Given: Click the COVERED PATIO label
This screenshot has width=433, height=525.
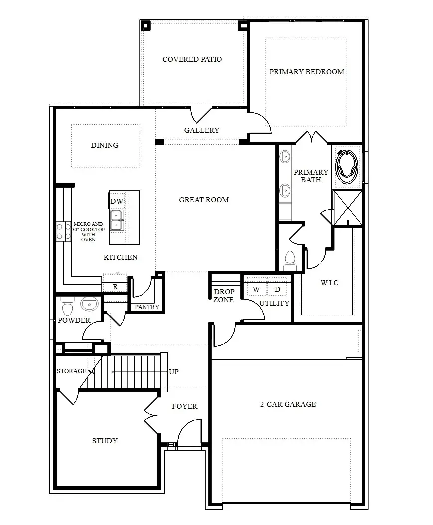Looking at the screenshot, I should tap(192, 59).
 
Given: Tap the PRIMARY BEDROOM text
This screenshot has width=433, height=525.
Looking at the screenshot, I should tap(306, 72).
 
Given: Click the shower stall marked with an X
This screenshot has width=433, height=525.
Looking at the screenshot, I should tap(347, 208).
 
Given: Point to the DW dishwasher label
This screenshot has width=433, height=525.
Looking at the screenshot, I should tap(117, 201).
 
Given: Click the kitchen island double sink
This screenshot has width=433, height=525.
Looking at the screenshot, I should tap(116, 220).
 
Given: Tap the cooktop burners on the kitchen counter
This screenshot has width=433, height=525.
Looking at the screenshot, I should tap(63, 231).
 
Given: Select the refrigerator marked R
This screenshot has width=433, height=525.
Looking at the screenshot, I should tap(115, 287).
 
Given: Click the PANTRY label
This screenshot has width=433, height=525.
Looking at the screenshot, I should tap(147, 307).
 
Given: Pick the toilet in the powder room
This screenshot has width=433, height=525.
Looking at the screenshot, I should tap(67, 306).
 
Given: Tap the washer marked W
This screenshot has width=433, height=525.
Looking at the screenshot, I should tap(256, 289).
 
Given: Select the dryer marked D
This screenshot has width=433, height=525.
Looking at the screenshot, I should tap(278, 289).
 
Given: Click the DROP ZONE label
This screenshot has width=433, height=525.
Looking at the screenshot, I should tap(223, 296).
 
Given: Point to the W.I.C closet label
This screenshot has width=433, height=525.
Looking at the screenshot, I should tap(329, 283).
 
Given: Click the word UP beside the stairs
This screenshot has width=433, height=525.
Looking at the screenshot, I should tap(174, 372).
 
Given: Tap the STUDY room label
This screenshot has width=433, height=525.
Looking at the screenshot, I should tap(105, 441).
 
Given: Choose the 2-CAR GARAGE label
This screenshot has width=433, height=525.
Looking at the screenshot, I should tap(288, 404).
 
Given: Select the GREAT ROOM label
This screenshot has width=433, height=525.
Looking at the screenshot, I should tap(204, 200).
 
